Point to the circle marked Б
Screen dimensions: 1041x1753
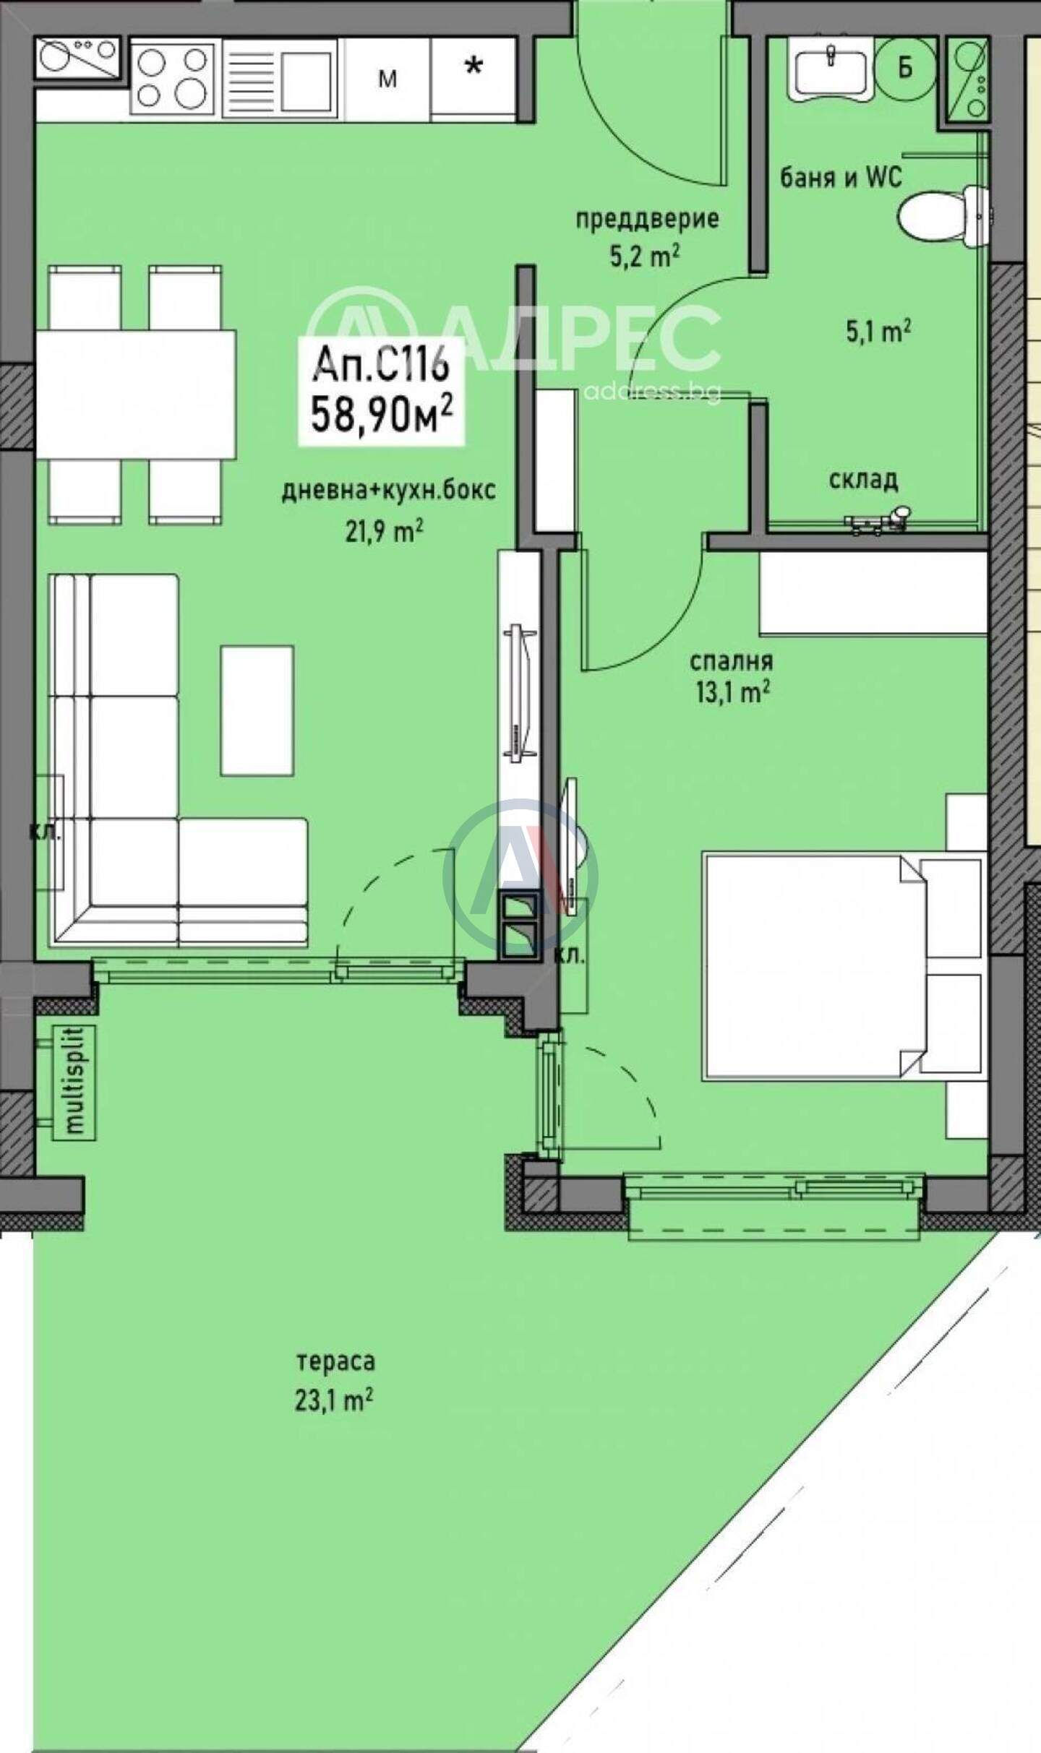(905, 68)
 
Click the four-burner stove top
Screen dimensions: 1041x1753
(173, 78)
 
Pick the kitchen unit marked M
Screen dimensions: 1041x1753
(387, 78)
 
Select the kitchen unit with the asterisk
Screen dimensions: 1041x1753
(473, 78)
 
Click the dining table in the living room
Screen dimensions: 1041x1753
(136, 394)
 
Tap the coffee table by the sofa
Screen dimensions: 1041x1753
(257, 711)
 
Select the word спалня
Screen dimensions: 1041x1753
(731, 661)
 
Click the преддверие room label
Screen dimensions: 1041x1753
(647, 218)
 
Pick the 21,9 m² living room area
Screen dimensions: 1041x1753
(384, 533)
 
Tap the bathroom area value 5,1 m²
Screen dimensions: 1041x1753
(878, 331)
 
